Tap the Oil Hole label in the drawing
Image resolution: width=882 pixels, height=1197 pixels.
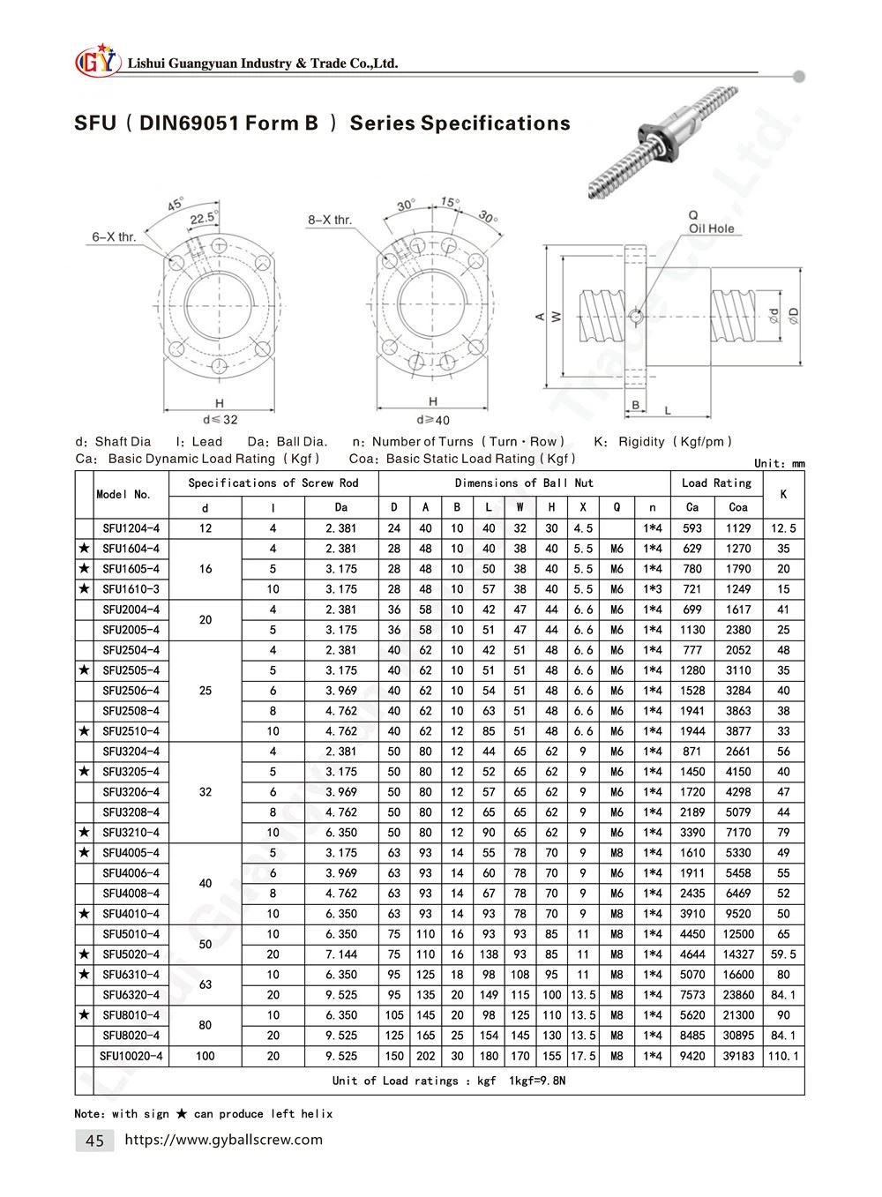pos(711,228)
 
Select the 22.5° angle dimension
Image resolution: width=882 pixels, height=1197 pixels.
pos(204,218)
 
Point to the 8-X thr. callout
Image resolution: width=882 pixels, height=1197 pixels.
pos(330,220)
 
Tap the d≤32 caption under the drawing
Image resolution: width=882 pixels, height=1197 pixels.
pos(220,420)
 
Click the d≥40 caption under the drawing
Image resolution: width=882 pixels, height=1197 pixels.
pos(433,420)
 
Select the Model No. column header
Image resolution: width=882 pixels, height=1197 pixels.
pos(123,495)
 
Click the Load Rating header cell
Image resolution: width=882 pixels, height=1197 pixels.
pos(716,483)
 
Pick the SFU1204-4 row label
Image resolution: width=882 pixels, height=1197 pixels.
pos(131,528)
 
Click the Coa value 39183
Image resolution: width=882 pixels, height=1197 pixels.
pos(738,1056)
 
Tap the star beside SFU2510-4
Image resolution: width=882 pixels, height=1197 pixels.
pos(84,731)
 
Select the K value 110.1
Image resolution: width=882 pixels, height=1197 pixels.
pos(783,1056)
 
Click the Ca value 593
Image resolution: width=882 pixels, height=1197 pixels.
pos(692,528)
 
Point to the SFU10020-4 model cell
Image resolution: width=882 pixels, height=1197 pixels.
pos(131,1056)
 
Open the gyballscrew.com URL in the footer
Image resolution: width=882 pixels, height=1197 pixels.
pos(224,1140)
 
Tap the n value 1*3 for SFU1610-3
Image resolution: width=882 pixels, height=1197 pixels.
pos(652,589)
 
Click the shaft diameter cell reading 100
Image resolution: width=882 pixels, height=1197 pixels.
pos(206,1056)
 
